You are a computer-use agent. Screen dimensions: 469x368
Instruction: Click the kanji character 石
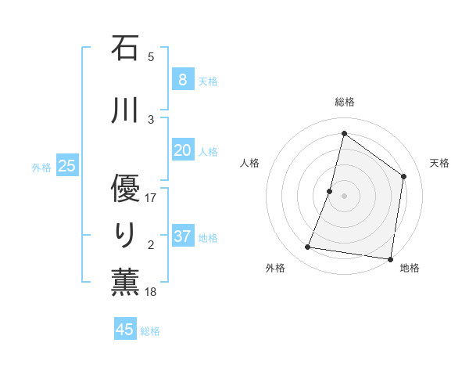click(125, 49)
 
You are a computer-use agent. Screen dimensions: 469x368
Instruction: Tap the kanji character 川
click(125, 110)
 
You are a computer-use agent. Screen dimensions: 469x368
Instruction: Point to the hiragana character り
click(125, 234)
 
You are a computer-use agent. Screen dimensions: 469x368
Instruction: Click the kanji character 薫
click(125, 283)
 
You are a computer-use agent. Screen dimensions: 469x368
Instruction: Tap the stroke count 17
click(152, 198)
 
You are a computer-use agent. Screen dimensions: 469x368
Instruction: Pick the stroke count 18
click(152, 292)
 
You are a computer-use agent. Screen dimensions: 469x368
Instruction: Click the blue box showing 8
click(182, 79)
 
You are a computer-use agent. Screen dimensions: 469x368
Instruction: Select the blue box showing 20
click(182, 150)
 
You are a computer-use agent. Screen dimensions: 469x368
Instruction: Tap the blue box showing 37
click(182, 236)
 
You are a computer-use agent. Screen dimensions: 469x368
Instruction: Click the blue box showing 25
click(66, 165)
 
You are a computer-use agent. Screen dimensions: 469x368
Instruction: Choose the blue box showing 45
click(125, 329)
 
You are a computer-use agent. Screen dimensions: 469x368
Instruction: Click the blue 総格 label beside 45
click(151, 331)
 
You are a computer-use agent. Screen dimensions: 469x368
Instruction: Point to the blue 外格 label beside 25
click(41, 167)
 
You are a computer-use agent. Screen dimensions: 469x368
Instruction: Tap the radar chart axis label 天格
click(439, 163)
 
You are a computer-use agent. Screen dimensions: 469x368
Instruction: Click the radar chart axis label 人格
click(249, 163)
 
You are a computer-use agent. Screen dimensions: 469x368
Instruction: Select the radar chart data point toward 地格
click(390, 259)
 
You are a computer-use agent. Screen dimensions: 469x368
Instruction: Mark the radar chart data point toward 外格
click(308, 247)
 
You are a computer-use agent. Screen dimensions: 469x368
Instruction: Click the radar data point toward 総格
click(344, 134)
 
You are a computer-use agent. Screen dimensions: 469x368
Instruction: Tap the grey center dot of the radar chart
click(344, 196)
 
